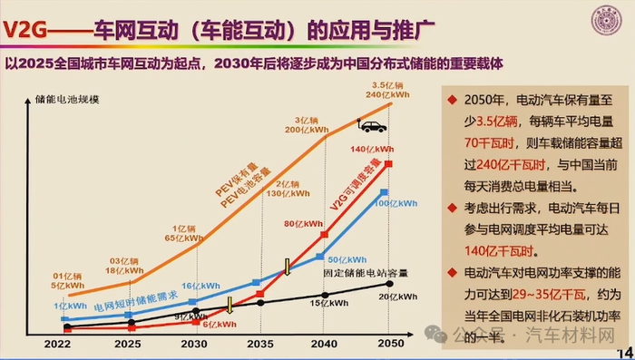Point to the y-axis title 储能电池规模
pyautogui.click(x=68, y=97)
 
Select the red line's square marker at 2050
pyautogui.click(x=388, y=163)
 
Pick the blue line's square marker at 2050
pyautogui.click(x=385, y=192)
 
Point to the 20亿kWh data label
pyautogui.click(x=397, y=297)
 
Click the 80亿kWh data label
pyautogui.click(x=303, y=223)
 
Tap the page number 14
pyautogui.click(x=624, y=352)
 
